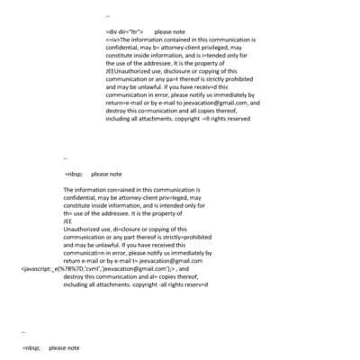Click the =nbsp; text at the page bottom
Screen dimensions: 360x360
[31, 347]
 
